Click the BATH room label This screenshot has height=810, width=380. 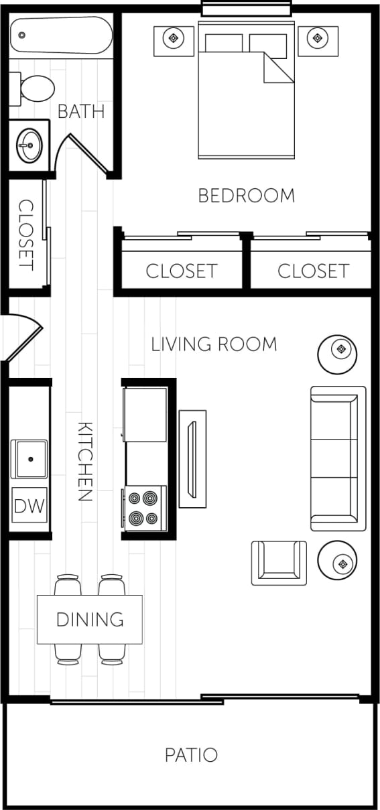coord(81,111)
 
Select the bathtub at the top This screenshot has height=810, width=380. coord(61,35)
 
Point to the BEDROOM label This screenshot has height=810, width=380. coord(246,196)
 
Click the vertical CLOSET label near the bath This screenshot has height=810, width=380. coord(25,234)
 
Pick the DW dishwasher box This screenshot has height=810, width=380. coord(29,505)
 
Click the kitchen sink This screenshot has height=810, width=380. coord(29,459)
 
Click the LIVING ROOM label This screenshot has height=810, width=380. coord(214,344)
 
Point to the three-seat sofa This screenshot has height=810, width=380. coord(338,458)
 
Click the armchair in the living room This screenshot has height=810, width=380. coord(279,562)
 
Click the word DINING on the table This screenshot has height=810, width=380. coord(90,619)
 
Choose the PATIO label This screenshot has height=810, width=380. coord(191,755)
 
